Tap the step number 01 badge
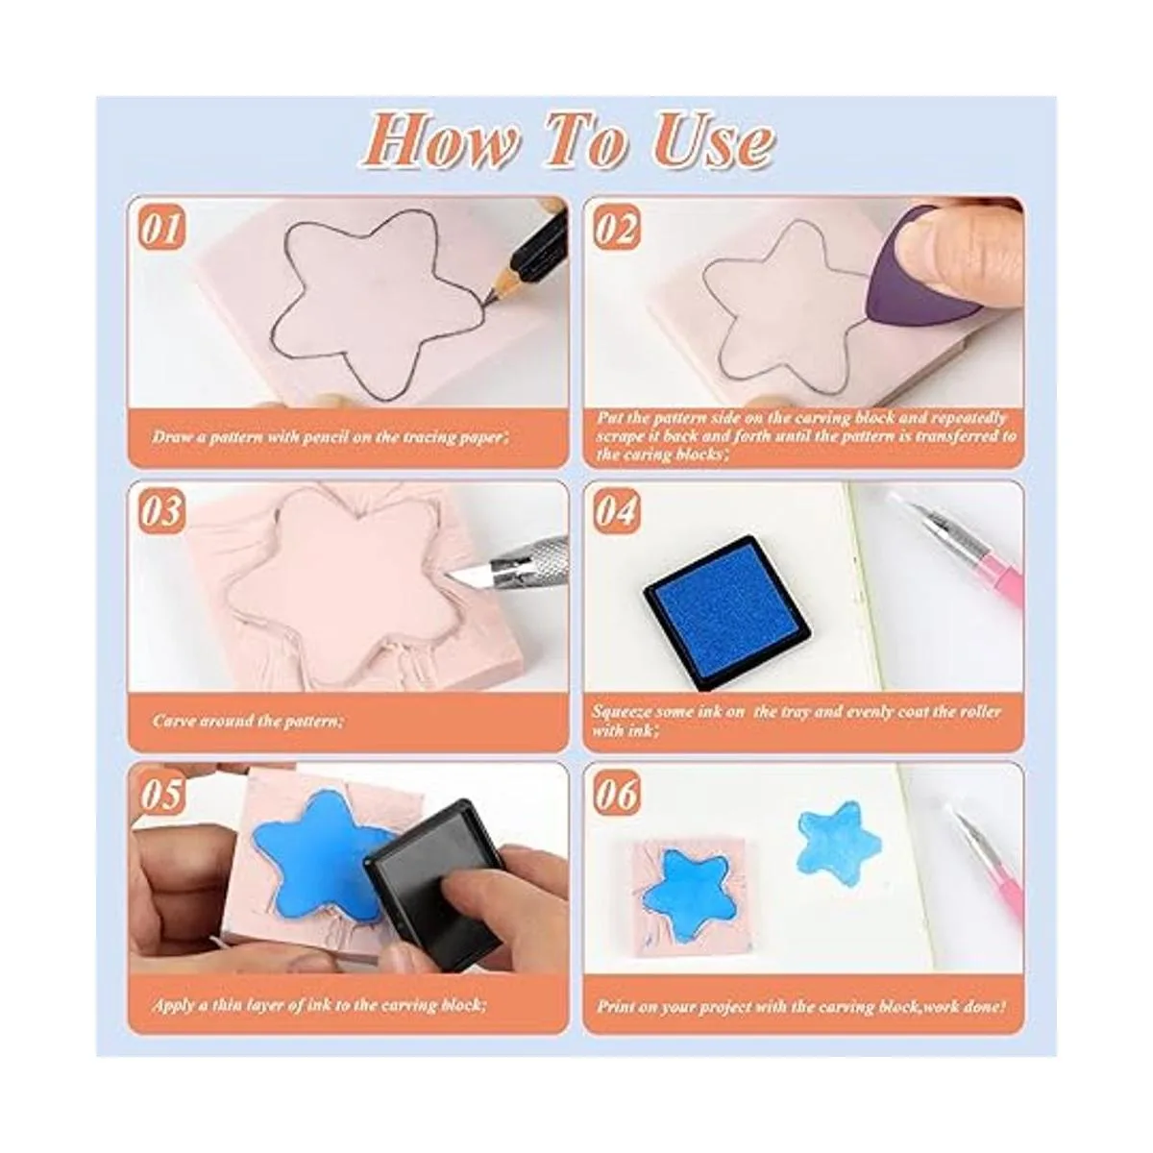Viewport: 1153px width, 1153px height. tap(161, 229)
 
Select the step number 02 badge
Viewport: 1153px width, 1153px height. tap(616, 229)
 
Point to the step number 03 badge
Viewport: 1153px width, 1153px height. tap(161, 511)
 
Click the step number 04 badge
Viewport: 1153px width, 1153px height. tap(616, 511)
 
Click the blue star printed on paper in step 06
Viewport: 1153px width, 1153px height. tap(840, 839)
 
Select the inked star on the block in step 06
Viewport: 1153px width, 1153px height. tap(691, 894)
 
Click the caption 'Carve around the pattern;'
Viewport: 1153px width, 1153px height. tap(248, 720)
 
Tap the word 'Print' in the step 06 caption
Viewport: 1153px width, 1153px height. tap(616, 1006)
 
